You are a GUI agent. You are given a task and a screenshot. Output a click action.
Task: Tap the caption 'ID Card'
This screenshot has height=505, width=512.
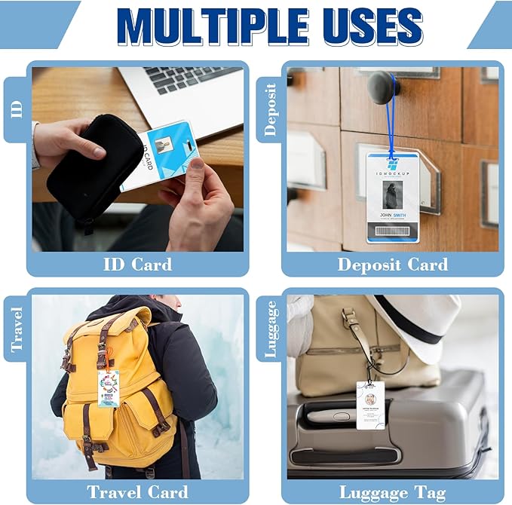(x=137, y=265)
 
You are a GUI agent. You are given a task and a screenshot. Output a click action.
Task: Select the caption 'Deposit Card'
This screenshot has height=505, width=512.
(x=392, y=265)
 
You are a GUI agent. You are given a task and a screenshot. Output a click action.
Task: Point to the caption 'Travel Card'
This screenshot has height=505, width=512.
(x=137, y=492)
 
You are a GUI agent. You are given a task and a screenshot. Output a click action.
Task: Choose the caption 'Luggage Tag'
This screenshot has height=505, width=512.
(x=392, y=492)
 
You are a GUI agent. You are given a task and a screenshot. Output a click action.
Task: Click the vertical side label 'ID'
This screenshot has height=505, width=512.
(x=16, y=108)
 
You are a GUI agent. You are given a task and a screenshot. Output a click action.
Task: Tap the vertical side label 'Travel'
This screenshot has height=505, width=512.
(x=16, y=330)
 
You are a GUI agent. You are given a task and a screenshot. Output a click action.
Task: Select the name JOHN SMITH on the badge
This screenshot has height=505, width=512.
(x=391, y=214)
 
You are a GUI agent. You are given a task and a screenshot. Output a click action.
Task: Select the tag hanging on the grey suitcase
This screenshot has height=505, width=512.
(x=370, y=405)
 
